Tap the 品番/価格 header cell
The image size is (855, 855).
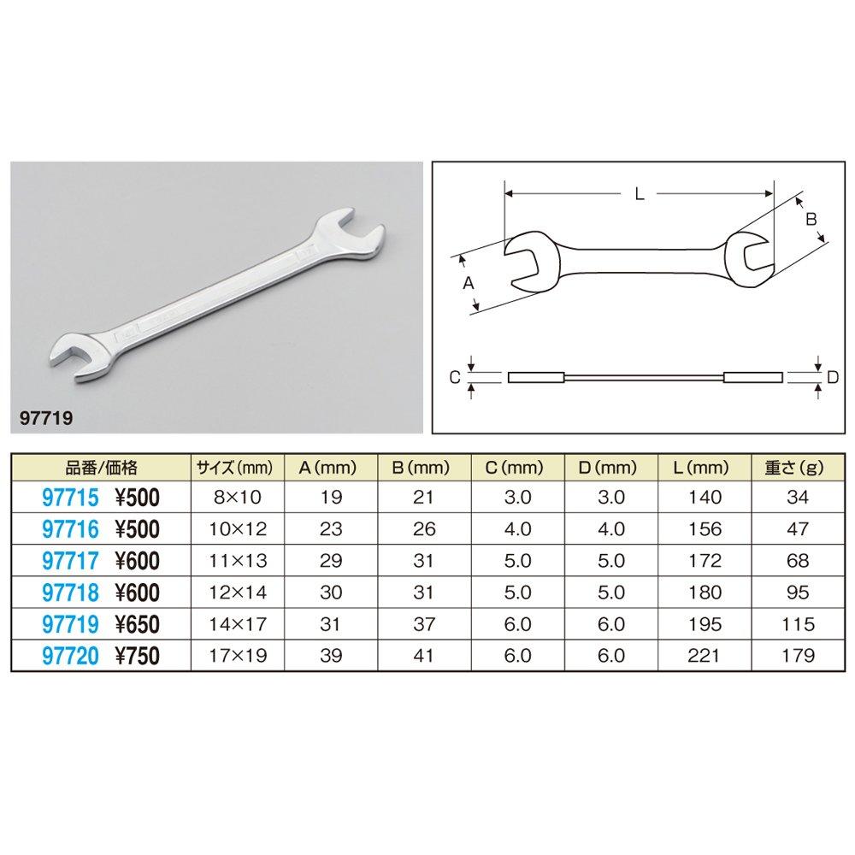(101, 468)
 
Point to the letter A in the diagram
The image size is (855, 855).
(468, 285)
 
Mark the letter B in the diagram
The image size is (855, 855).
(811, 219)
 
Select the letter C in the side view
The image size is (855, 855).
(456, 376)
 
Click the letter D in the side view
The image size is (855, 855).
(833, 376)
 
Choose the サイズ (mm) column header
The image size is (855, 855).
(233, 468)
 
